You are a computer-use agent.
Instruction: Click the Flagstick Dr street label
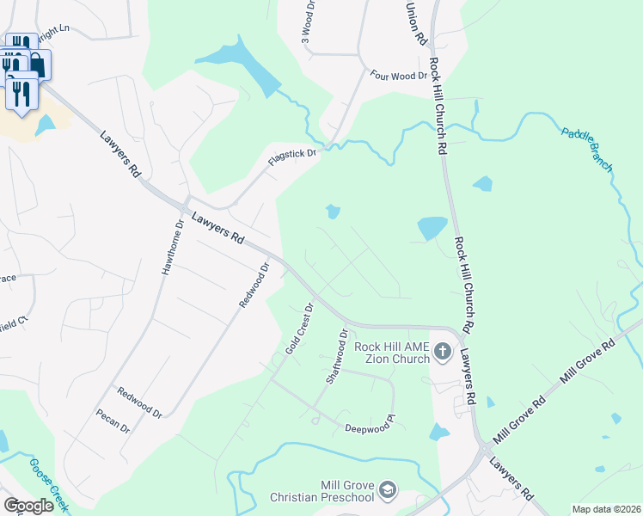291,161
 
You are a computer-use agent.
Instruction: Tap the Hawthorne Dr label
172,247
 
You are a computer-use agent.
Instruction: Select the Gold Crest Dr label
297,329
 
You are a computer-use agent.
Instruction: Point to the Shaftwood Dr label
336,356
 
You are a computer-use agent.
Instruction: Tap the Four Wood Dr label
398,77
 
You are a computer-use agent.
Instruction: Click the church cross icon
442,351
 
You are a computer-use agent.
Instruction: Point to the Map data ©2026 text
605,509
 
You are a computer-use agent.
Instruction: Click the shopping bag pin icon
38,63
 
